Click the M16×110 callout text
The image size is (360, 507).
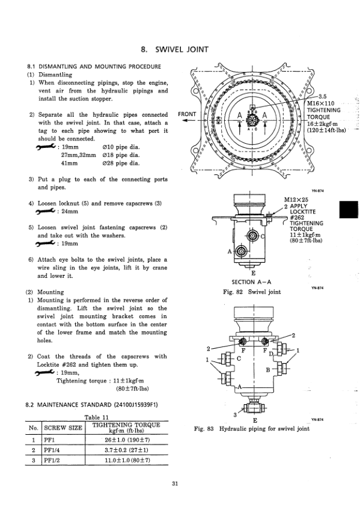click(x=322, y=103)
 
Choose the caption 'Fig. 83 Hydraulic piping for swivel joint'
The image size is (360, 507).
click(x=252, y=429)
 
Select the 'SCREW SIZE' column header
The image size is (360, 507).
click(x=63, y=428)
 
